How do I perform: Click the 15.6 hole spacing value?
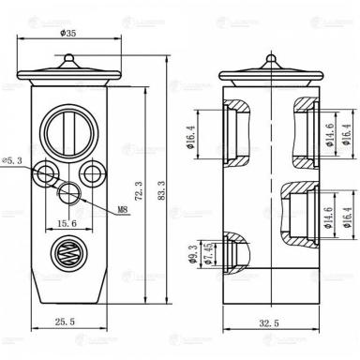pyautogui.click(x=67, y=223)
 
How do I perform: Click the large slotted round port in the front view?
pyautogui.click(x=69, y=125)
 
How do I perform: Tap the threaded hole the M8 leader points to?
pyautogui.click(x=68, y=193)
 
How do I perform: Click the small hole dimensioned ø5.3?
pyautogui.click(x=44, y=173)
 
